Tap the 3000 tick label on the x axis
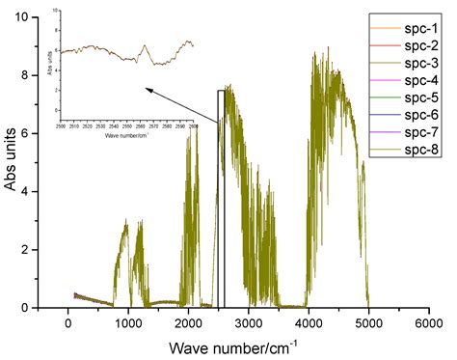click(249, 323)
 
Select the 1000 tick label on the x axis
click(128, 323)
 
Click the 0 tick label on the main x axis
click(68, 323)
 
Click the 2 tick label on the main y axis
click(34, 250)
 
